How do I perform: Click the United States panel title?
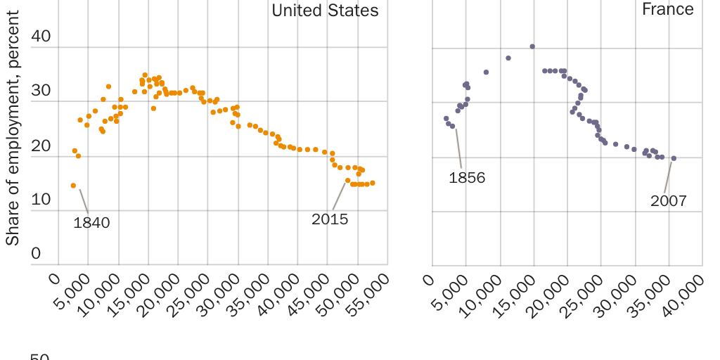(x=325, y=11)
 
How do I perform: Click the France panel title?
(x=667, y=9)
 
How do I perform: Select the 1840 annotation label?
(x=91, y=223)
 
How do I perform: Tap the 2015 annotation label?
(x=330, y=219)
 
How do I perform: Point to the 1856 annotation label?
(x=467, y=178)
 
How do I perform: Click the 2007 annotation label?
(x=668, y=201)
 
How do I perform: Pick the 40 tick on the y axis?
(x=41, y=37)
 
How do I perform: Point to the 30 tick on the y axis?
(x=41, y=91)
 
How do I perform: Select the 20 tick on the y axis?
(x=41, y=146)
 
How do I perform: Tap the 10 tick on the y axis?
(x=41, y=200)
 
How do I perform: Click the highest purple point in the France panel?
(x=532, y=46)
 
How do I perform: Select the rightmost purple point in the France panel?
(x=674, y=158)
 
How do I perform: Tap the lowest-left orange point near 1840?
(x=73, y=186)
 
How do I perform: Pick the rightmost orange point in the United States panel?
(x=372, y=183)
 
